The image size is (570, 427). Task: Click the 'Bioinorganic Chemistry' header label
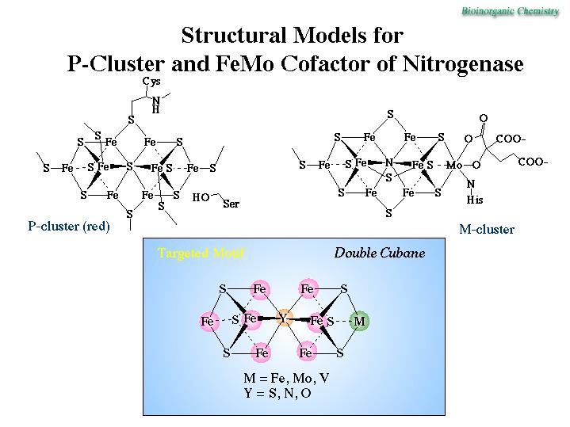pos(515,11)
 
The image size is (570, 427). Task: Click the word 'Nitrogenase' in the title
pos(465,63)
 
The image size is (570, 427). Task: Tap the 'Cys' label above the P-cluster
pos(151,81)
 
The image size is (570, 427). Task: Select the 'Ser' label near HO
pos(231,204)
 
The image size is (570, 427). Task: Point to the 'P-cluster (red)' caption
pos(68,227)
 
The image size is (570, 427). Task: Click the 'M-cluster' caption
pos(487,230)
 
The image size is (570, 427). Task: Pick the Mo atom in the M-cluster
pos(453,165)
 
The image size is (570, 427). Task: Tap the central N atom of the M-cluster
pos(388,163)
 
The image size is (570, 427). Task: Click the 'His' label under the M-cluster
pos(474,200)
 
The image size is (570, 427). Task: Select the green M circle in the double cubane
pos(359,321)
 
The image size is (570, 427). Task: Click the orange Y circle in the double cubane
pos(283,318)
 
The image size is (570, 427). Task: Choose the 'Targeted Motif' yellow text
pos(201,254)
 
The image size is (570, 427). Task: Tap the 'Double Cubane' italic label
pos(379,254)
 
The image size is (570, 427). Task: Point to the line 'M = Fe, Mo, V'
pos(286,378)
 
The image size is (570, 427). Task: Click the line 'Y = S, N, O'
pos(277,393)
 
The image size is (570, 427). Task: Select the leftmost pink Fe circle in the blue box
pos(208,321)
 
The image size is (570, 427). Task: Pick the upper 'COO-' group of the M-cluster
pos(511,139)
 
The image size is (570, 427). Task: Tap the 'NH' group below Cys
pos(156,105)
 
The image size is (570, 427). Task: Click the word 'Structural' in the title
pos(229,36)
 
